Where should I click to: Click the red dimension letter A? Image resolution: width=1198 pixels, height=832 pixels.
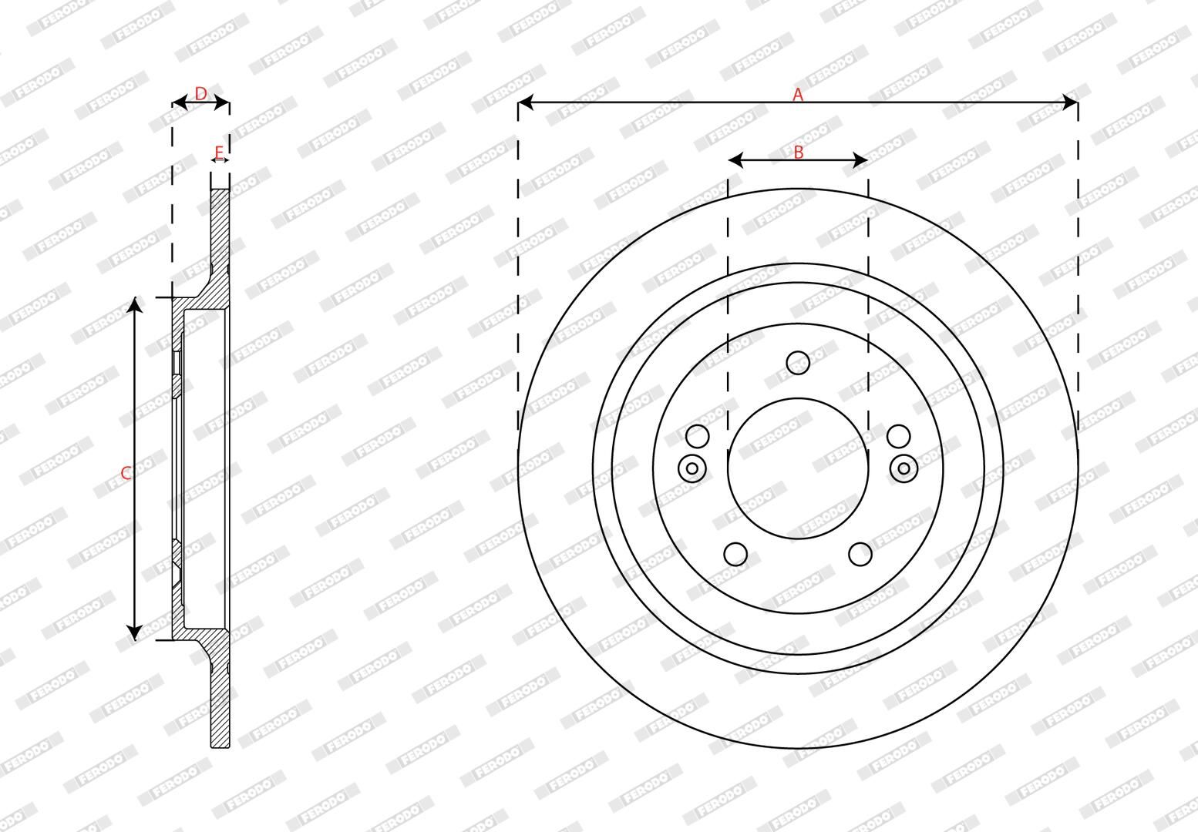pos(798,95)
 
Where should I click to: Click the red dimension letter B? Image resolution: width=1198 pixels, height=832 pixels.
pos(798,153)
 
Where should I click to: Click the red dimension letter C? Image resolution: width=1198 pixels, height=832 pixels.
pos(126,473)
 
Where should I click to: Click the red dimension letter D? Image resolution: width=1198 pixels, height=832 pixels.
pos(200,94)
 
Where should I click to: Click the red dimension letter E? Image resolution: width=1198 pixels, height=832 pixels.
pos(219,152)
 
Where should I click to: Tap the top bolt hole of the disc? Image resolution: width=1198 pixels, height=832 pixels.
pos(798,362)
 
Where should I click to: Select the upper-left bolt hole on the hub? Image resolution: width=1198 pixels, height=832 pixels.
pos(697,436)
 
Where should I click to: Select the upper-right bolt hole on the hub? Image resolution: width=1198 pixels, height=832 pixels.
pos(898,436)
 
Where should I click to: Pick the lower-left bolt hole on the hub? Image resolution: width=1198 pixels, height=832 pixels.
pos(736,554)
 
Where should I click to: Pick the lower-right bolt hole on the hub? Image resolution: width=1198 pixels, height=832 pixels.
pos(860,554)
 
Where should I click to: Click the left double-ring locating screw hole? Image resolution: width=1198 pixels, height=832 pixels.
pos(692,468)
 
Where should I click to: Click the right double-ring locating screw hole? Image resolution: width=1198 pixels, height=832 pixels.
pos(904,468)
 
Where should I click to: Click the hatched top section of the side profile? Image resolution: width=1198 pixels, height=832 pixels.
pos(220,231)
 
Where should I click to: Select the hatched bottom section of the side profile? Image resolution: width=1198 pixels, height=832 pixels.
pos(220,701)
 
